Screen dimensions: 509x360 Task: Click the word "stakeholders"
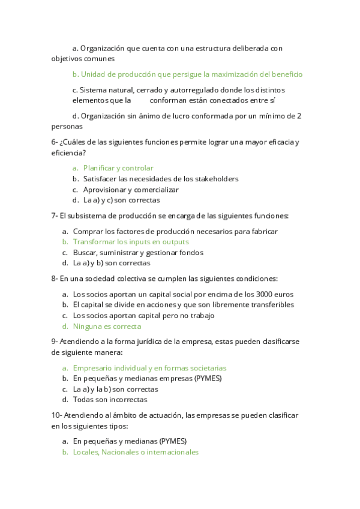(217, 179)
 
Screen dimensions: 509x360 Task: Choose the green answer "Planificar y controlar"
(118, 168)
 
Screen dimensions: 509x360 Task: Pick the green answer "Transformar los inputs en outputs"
(131, 242)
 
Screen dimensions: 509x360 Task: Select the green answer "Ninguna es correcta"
(107, 327)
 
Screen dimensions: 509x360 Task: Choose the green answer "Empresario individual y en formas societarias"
(149, 368)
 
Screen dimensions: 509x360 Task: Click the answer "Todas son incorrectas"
(110, 399)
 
